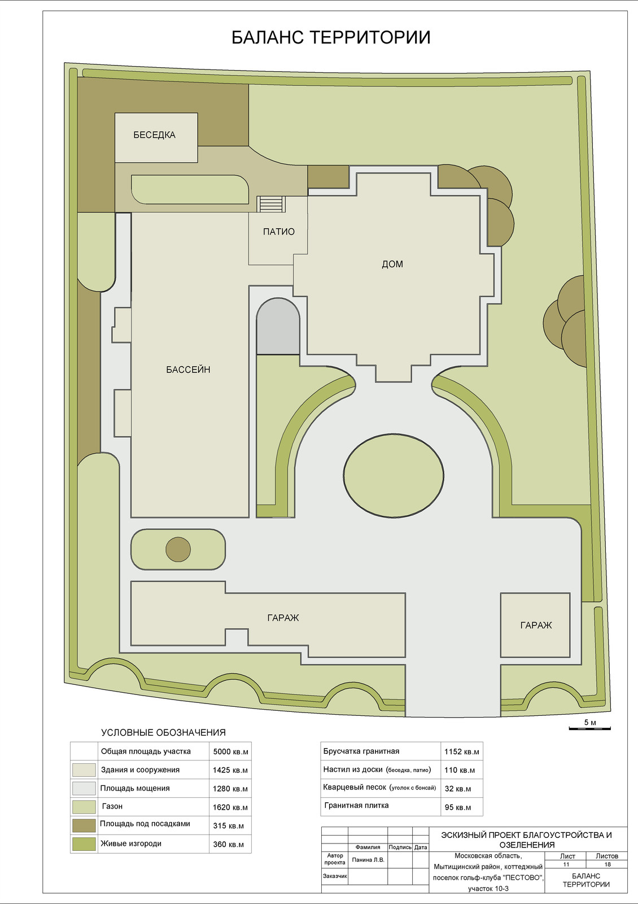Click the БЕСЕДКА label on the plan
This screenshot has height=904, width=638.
155,135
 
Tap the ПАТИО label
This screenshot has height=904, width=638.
279,232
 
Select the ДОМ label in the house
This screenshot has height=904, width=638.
392,264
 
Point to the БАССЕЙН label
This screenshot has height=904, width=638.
189,370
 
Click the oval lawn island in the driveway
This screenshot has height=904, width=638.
394,475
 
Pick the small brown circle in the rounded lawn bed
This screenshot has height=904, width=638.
178,549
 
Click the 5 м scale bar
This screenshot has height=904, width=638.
589,728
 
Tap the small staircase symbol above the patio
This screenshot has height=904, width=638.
272,204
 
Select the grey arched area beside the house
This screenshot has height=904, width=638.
278,327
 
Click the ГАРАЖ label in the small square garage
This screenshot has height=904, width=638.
536,625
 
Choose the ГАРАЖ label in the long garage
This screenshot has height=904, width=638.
283,618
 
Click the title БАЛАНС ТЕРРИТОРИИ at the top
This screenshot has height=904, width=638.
331,37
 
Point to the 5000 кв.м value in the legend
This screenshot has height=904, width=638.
230,751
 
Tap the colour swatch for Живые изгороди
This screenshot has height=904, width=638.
84,844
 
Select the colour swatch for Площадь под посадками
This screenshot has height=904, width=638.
84,825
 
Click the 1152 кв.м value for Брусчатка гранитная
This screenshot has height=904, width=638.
462,751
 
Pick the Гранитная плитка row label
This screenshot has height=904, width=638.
356,805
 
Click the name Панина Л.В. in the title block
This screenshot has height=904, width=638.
368,859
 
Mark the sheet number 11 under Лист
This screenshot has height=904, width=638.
566,864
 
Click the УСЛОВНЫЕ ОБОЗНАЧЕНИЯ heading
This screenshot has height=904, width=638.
163,732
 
